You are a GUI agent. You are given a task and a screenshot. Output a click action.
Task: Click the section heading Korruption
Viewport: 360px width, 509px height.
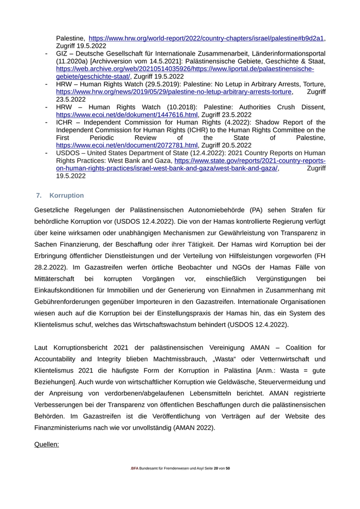(66, 196)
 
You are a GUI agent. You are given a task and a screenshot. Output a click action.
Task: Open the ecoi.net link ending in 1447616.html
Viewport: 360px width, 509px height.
(127, 115)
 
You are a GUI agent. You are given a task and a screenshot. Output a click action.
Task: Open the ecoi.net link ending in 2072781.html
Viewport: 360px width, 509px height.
(127, 146)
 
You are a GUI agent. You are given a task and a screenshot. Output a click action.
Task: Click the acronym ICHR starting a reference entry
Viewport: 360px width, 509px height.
(64, 122)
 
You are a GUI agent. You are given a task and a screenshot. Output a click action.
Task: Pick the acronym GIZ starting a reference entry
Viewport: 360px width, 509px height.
(62, 53)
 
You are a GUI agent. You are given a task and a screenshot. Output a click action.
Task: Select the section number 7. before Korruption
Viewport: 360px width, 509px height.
(39, 196)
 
